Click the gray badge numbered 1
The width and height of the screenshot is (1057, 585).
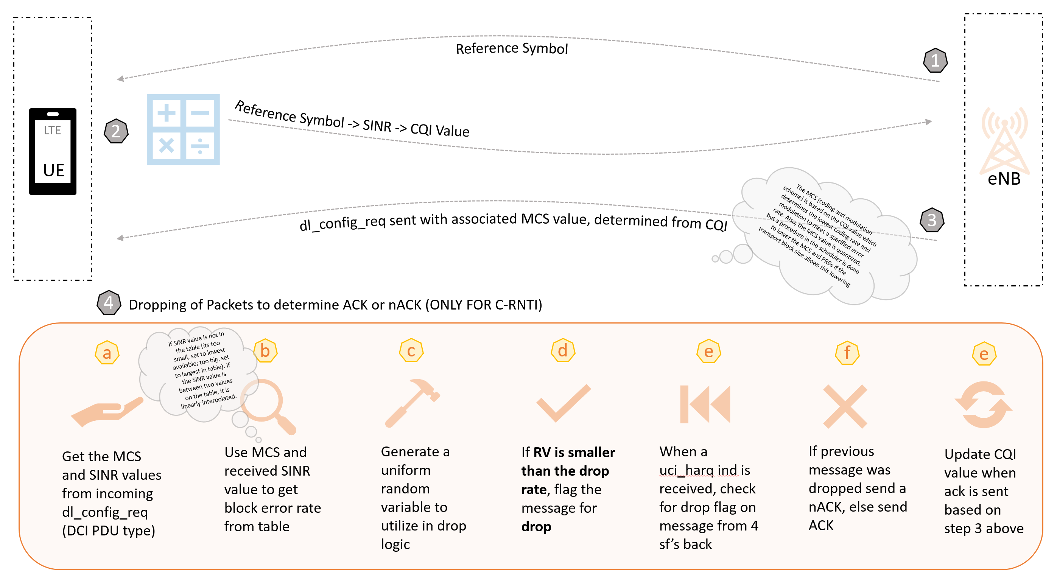(935, 61)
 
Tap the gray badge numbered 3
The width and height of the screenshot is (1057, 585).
(932, 220)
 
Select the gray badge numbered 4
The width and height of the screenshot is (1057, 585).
(109, 303)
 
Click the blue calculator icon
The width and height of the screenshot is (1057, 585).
(183, 130)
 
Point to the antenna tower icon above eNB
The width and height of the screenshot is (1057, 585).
(1004, 140)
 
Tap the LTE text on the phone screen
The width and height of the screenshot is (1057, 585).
(53, 131)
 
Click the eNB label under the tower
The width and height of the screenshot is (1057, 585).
(1004, 179)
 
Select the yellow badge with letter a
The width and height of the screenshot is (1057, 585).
(107, 353)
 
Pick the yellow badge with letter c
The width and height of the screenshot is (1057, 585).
(411, 351)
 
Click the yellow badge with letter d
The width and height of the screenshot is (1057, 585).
(562, 351)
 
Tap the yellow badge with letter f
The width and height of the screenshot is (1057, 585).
(847, 352)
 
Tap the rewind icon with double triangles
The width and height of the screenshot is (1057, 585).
(705, 404)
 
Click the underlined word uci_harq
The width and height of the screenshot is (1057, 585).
(687, 470)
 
